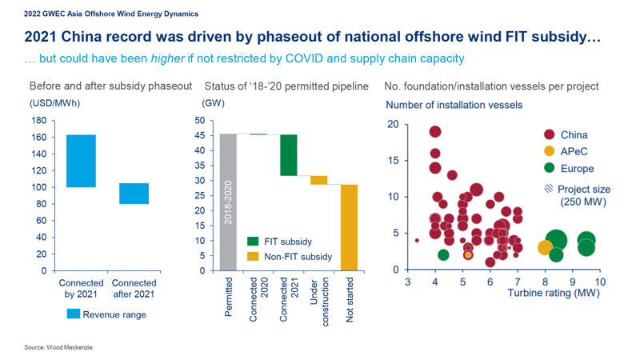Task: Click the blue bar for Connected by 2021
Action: pyautogui.click(x=81, y=161)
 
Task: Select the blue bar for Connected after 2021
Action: pyautogui.click(x=134, y=194)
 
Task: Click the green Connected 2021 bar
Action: pyautogui.click(x=288, y=154)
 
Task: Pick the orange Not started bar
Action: pyautogui.click(x=349, y=227)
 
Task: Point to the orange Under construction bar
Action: pyautogui.click(x=318, y=180)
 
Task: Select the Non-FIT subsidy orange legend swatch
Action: pyautogui.click(x=253, y=257)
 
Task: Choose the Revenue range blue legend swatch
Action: pyautogui.click(x=74, y=314)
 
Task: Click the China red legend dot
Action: pyautogui.click(x=550, y=135)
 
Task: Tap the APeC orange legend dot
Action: pyautogui.click(x=550, y=152)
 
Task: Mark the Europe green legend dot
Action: pyautogui.click(x=550, y=169)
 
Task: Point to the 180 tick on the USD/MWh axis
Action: pyautogui.click(x=38, y=121)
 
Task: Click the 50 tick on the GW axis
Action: pyautogui.click(x=199, y=121)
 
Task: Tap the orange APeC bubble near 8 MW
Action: pyautogui.click(x=545, y=248)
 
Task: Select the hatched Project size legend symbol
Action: pyautogui.click(x=549, y=190)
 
